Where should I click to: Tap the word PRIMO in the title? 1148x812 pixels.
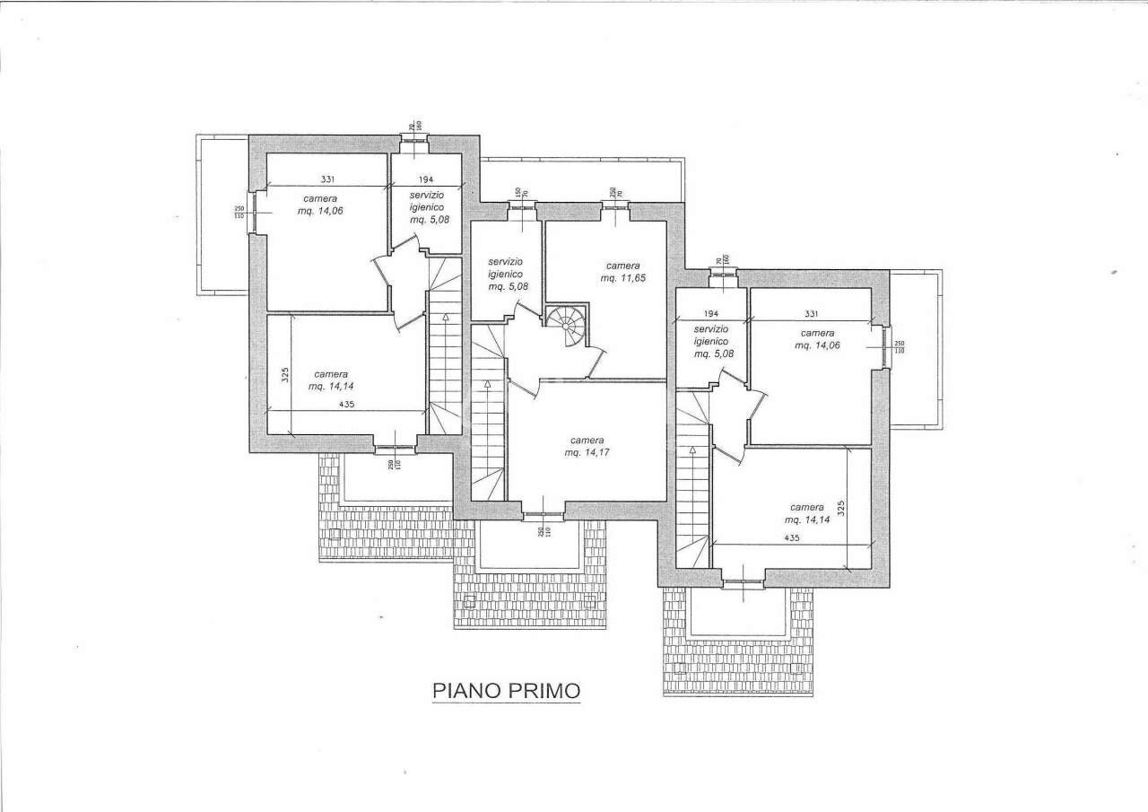pos(544,691)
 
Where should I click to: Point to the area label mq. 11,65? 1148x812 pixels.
pos(623,278)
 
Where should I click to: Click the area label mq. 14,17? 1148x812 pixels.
pos(587,453)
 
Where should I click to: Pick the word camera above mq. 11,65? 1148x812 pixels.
pos(622,266)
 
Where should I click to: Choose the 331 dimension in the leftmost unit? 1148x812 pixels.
pos(328,179)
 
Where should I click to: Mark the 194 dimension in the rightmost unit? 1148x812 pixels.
pos(711,314)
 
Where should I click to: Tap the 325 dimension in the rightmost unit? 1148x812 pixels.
pos(840,509)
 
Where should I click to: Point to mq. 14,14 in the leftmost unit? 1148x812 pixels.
pos(330,387)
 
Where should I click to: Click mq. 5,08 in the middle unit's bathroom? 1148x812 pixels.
pos(508,287)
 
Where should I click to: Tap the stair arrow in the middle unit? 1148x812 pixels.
pos(486,385)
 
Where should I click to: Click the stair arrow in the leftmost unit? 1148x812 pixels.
pos(446,318)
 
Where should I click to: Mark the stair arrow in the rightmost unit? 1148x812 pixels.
pos(691,450)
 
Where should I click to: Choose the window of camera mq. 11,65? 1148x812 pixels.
pos(614,206)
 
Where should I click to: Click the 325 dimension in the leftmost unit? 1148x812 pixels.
pos(284,375)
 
